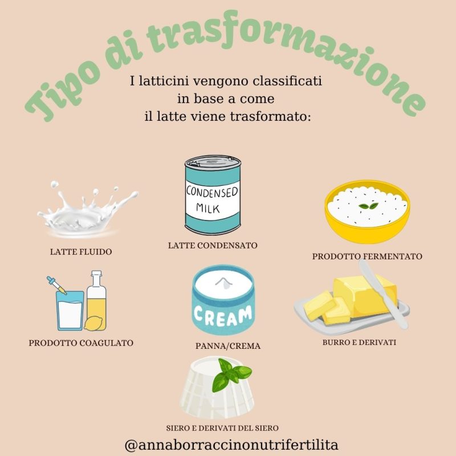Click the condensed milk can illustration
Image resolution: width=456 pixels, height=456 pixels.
click(x=213, y=195)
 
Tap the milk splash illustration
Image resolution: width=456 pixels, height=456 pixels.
click(x=87, y=209)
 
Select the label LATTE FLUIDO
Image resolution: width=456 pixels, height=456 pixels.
click(x=81, y=252)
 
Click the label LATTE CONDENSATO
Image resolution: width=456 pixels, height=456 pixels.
click(x=213, y=246)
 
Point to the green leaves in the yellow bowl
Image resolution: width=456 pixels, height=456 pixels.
click(x=368, y=206)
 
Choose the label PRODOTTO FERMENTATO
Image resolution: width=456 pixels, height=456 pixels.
click(x=367, y=256)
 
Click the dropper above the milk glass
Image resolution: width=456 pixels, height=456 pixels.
click(x=56, y=286)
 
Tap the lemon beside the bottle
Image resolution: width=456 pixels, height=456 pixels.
click(x=93, y=323)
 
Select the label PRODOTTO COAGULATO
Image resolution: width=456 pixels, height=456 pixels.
click(x=81, y=343)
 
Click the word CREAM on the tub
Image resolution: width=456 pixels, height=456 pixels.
click(x=223, y=316)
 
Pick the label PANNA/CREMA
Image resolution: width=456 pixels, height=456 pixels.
click(x=227, y=346)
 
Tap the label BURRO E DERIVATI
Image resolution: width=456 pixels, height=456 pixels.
click(x=359, y=343)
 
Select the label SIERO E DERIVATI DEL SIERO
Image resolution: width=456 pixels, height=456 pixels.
click(x=222, y=428)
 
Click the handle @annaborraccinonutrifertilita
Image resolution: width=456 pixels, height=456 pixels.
click(x=231, y=445)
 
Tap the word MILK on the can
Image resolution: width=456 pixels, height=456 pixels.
click(x=208, y=208)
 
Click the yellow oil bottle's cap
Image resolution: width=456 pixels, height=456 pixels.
click(x=96, y=274)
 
